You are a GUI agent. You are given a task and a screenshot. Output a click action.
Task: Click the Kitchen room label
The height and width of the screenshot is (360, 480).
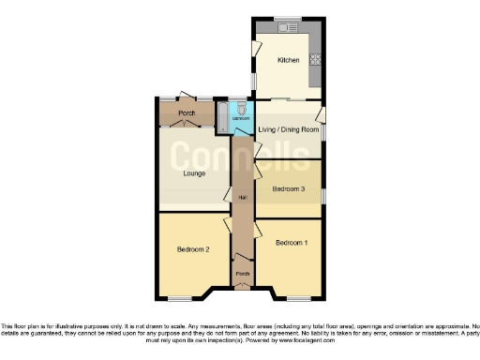pyautogui.click(x=287, y=60)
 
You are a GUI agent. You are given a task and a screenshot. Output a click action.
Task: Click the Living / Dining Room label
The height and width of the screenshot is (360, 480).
pyautogui.click(x=287, y=127)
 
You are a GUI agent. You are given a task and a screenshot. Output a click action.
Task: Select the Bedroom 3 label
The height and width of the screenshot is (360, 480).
pyautogui.click(x=289, y=189)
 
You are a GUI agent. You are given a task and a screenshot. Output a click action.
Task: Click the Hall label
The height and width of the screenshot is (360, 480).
pyautogui.click(x=242, y=198)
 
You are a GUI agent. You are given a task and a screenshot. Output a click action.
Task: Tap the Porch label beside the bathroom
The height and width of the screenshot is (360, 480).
pyautogui.click(x=187, y=114)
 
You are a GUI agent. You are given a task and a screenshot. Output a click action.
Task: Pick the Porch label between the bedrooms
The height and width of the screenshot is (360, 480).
pyautogui.click(x=242, y=274)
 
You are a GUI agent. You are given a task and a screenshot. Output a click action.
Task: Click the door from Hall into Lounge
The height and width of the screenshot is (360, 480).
pyautogui.click(x=227, y=196)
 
